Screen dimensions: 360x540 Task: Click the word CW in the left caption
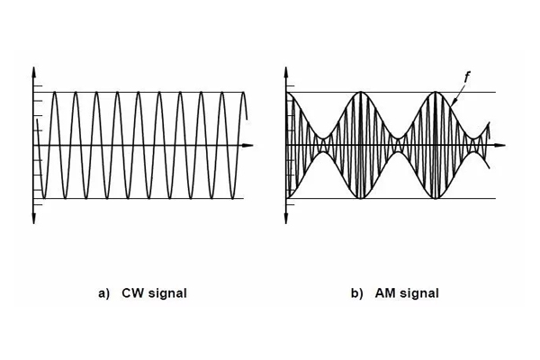(x=131, y=293)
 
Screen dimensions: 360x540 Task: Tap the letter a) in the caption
(x=105, y=293)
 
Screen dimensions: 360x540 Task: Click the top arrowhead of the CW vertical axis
(x=33, y=70)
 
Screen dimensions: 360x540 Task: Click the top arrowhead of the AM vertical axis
(x=288, y=70)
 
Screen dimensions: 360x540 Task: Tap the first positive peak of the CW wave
(x=54, y=93)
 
